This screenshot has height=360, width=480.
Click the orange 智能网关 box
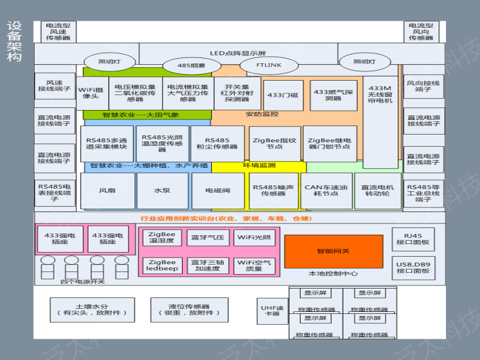point(333,251)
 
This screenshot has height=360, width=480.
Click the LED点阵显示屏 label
point(238,53)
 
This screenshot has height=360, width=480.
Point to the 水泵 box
point(162,191)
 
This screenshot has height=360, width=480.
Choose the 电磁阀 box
point(217,191)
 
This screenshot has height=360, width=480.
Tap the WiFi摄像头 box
point(91,93)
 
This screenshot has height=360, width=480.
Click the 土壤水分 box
point(91,309)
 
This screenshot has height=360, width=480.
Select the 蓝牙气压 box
point(207,237)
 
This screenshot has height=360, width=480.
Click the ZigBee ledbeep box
point(162,265)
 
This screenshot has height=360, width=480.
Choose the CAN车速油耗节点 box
point(325,191)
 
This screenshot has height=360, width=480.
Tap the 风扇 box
point(107,191)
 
